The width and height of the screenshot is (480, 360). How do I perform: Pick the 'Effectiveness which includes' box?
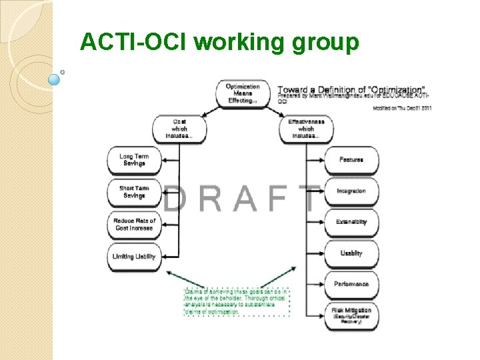pyautogui.click(x=306, y=129)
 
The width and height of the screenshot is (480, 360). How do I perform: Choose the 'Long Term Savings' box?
pyautogui.click(x=134, y=161)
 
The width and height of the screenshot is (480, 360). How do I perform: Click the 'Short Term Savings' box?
pyautogui.click(x=134, y=192)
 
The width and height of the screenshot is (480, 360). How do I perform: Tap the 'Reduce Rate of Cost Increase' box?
pyautogui.click(x=134, y=224)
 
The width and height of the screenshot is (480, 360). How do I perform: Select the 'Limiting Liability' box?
pyautogui.click(x=134, y=256)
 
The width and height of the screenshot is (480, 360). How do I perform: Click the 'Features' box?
pyautogui.click(x=351, y=160)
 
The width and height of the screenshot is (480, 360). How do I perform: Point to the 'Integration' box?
pyautogui.click(x=351, y=191)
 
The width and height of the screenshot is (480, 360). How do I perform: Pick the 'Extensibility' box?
pyautogui.click(x=351, y=222)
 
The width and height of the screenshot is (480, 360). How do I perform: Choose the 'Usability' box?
pyautogui.click(x=351, y=253)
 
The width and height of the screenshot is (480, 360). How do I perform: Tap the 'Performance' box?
pyautogui.click(x=351, y=284)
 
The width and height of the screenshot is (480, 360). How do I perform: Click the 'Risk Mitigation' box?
pyautogui.click(x=351, y=314)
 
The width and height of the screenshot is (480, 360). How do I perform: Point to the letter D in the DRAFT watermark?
pyautogui.click(x=175, y=199)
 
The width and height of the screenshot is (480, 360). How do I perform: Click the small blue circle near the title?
pyautogui.click(x=55, y=79)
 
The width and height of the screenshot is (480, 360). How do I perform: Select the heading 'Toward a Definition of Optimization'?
pyautogui.click(x=351, y=89)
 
